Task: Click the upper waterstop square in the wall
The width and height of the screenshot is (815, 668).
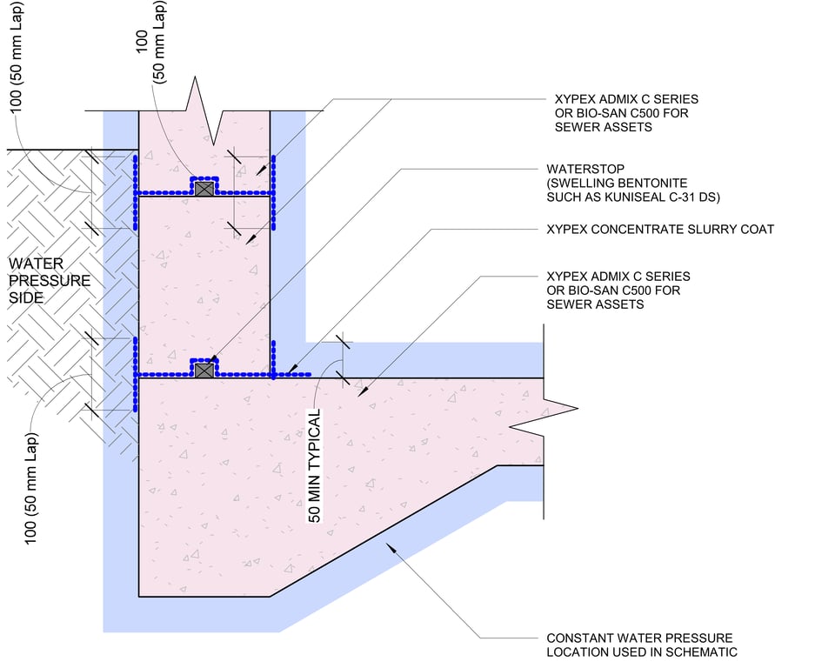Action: click(204, 188)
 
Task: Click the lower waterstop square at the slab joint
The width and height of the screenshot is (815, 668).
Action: click(204, 371)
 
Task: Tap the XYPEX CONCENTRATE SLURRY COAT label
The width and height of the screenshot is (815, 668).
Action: click(659, 230)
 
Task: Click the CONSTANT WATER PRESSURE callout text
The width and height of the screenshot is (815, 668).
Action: click(639, 645)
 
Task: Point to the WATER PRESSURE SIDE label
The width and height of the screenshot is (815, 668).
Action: click(50, 281)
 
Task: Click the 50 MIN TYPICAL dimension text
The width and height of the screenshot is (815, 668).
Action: click(315, 465)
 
